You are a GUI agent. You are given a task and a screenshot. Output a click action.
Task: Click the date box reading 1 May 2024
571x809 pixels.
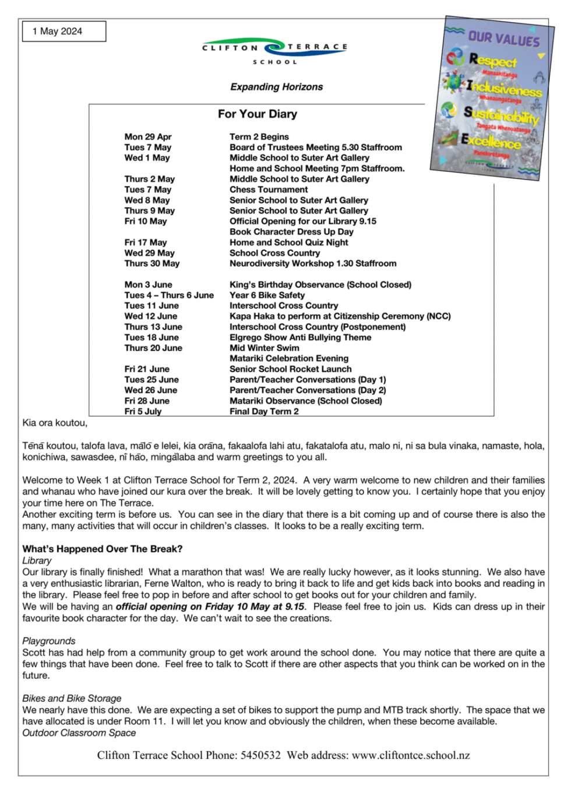(x=64, y=31)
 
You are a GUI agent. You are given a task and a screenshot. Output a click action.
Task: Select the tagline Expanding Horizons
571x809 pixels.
(x=276, y=87)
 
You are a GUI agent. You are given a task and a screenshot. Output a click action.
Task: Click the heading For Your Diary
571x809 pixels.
(x=258, y=114)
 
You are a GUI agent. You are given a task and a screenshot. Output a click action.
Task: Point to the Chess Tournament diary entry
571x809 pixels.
(x=269, y=190)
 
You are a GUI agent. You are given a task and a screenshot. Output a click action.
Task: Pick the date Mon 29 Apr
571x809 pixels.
(x=148, y=136)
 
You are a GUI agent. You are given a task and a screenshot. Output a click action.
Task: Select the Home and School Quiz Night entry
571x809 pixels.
(x=288, y=242)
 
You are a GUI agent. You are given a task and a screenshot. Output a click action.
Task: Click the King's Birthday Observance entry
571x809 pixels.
(x=320, y=285)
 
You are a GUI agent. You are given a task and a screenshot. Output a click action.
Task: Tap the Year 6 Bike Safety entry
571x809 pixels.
(x=267, y=295)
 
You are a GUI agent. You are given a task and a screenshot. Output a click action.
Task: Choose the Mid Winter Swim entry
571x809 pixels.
(x=264, y=348)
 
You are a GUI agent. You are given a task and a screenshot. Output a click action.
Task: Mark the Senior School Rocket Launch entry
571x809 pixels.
(x=290, y=369)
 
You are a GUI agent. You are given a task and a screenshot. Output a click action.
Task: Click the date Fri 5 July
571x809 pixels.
(x=143, y=411)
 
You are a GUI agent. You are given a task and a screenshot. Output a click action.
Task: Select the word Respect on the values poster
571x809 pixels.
(x=492, y=60)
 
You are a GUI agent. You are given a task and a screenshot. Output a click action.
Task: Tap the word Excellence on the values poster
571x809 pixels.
(x=491, y=141)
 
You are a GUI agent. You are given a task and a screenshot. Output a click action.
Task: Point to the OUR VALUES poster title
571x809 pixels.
(x=503, y=38)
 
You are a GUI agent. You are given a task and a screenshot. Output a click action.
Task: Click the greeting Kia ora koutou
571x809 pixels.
(x=55, y=423)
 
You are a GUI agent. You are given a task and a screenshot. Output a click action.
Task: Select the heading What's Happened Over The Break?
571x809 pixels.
(x=103, y=549)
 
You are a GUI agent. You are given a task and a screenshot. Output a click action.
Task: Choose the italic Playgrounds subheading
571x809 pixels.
(x=49, y=641)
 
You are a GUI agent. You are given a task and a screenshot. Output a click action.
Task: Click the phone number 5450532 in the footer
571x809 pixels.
(x=260, y=755)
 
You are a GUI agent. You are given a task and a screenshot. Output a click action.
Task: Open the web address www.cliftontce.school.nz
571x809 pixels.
(x=411, y=755)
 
